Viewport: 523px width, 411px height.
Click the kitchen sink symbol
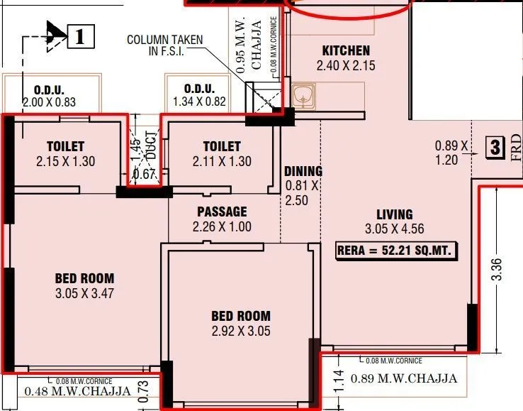(303, 95)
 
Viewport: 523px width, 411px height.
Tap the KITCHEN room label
(346, 51)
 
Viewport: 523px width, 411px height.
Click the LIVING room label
(394, 214)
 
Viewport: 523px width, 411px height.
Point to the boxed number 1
(80, 35)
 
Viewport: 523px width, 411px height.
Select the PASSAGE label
(222, 212)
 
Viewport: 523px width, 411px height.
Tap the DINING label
(303, 171)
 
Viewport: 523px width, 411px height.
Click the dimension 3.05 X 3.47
(84, 293)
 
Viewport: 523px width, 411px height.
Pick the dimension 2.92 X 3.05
(240, 331)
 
